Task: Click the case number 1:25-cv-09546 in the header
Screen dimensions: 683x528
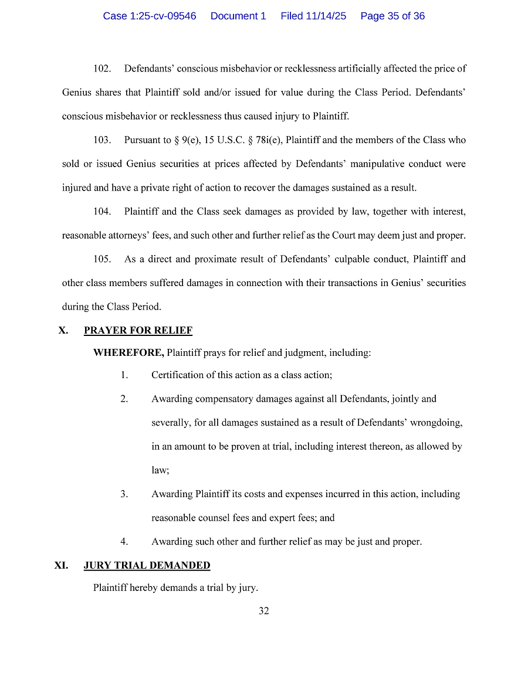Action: [150, 16]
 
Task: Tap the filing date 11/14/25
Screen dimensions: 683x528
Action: [326, 16]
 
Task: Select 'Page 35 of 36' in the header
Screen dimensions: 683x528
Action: [392, 16]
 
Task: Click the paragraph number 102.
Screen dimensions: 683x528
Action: [102, 69]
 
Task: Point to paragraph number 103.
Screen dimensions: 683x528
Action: [102, 140]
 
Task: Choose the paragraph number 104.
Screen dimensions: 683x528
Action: [102, 212]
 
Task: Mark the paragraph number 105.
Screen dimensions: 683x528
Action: [102, 259]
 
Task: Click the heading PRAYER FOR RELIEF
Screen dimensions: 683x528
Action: [138, 331]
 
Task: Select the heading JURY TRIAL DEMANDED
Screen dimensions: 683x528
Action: [147, 566]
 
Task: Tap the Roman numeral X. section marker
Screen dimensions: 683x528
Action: [63, 331]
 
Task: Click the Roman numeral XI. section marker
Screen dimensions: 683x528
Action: [61, 566]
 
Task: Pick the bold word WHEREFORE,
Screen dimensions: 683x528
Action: [128, 353]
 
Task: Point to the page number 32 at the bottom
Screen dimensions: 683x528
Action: [264, 611]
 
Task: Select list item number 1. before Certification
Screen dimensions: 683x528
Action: [124, 375]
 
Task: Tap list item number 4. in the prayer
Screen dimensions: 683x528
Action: [124, 542]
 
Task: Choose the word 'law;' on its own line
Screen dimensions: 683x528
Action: [160, 470]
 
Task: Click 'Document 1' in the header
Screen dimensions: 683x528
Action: [238, 16]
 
